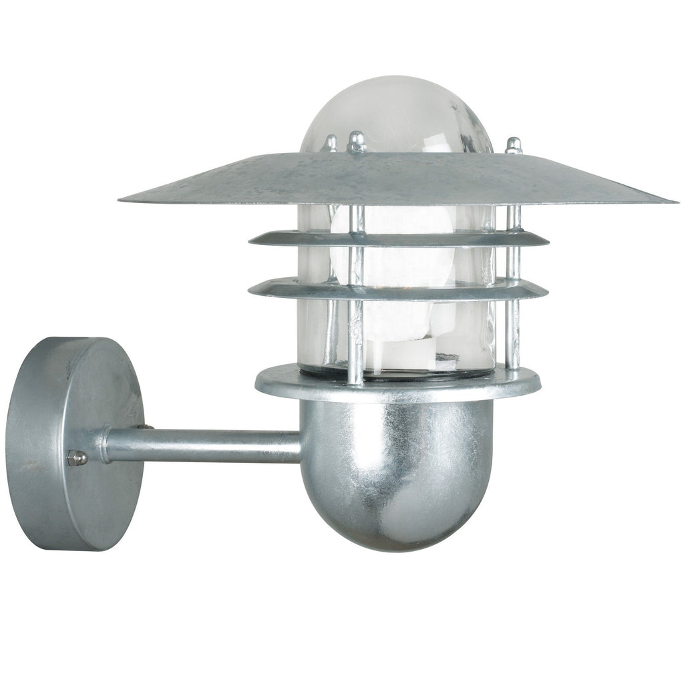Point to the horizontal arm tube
(200, 446)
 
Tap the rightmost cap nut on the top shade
(513, 144)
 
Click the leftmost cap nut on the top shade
(330, 142)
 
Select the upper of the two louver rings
(398, 238)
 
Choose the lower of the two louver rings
(398, 289)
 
